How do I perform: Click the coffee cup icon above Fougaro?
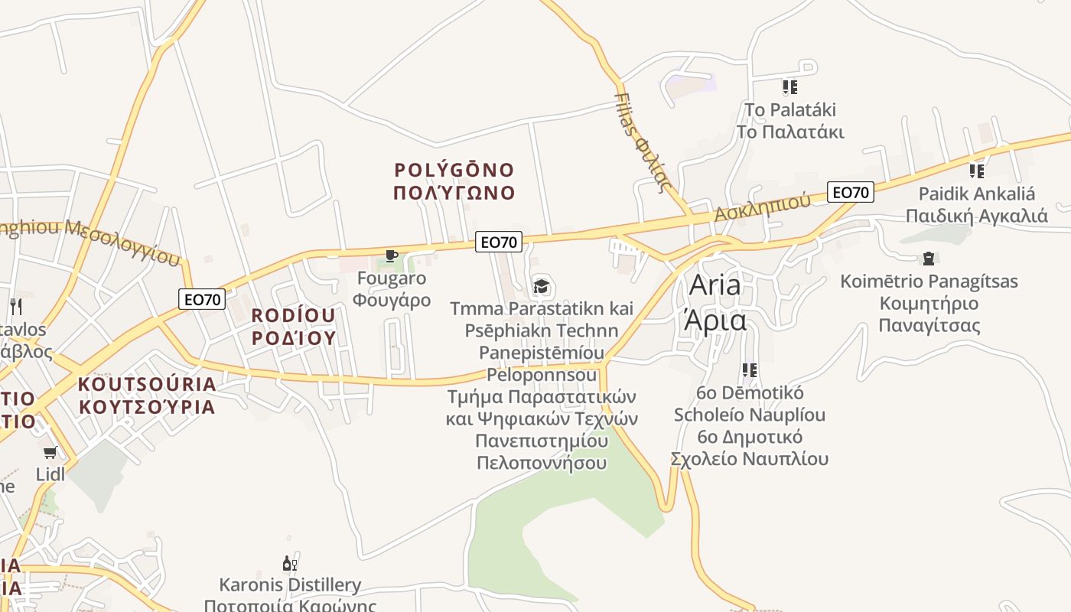392,256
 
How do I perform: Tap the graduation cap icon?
542,287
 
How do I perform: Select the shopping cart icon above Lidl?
50,453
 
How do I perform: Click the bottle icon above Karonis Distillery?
289,565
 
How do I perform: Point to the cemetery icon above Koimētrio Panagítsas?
929,259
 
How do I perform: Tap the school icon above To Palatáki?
790,87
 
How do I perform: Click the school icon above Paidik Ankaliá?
976,171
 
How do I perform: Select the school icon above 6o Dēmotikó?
750,370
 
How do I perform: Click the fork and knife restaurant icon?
16,307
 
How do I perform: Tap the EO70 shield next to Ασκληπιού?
850,192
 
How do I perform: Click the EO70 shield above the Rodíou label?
203,299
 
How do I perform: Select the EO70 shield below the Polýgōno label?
498,242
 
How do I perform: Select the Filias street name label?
643,142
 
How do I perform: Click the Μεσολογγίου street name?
122,240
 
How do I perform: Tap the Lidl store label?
50,474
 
